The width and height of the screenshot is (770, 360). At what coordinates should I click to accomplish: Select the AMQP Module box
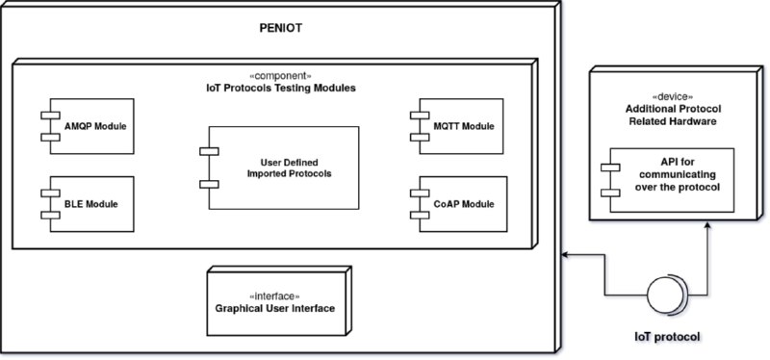point(93,126)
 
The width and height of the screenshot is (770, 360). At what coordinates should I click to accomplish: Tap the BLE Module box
point(93,204)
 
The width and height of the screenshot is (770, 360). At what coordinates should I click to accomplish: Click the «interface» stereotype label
point(275,295)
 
